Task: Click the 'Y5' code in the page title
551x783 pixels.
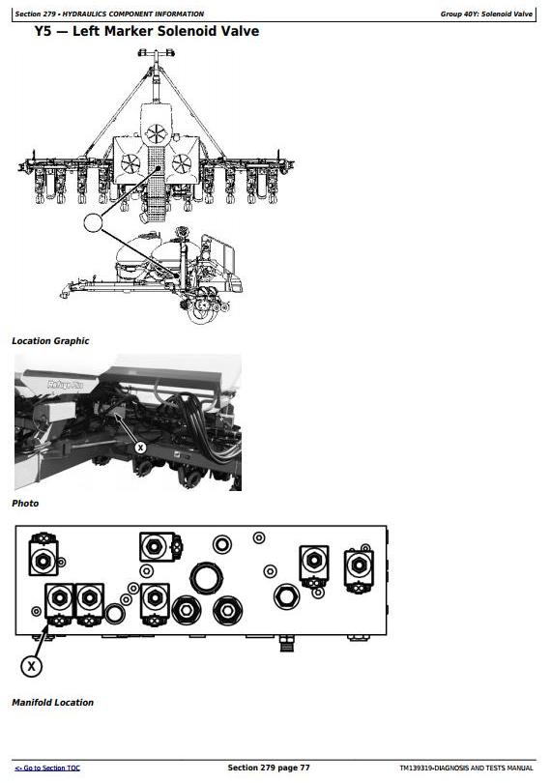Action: [x=43, y=31]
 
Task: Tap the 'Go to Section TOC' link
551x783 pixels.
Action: [x=47, y=768]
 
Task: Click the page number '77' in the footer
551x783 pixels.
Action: [x=304, y=768]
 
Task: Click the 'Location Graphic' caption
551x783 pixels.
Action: [x=50, y=341]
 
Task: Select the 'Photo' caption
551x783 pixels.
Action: [x=25, y=504]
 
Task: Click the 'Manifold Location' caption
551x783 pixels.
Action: [x=52, y=703]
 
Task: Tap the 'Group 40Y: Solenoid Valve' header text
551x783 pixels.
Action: [x=486, y=14]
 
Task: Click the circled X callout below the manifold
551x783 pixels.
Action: [x=32, y=666]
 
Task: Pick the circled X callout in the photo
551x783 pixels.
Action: [x=140, y=448]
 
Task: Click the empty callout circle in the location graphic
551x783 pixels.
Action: [x=93, y=222]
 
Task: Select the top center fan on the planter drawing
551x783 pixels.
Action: [x=156, y=133]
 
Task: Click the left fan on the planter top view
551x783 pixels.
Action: [x=130, y=163]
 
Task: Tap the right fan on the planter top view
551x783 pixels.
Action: [x=182, y=163]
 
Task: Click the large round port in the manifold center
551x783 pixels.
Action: [x=205, y=578]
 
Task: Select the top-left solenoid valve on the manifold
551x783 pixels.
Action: [x=43, y=554]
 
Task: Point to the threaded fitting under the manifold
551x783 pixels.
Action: [x=287, y=644]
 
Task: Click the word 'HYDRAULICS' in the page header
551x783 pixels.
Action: [x=84, y=14]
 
